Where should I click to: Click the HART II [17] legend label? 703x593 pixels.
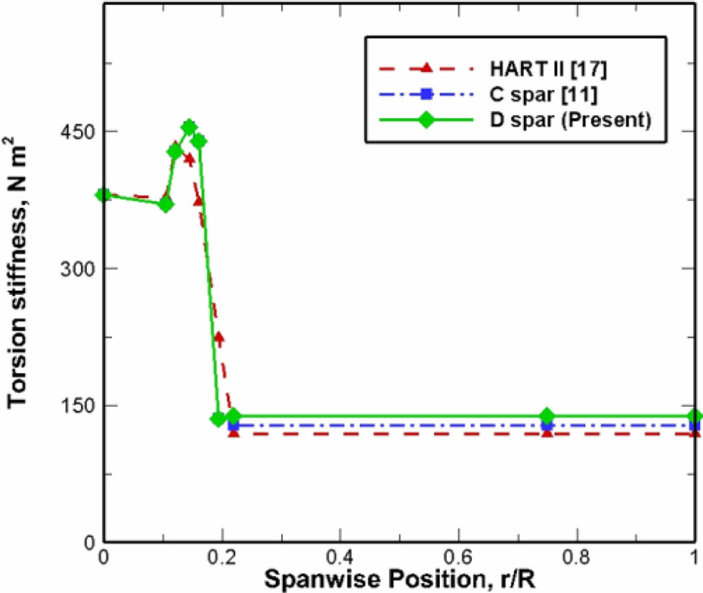click(x=548, y=69)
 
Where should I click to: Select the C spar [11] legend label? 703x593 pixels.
click(x=543, y=94)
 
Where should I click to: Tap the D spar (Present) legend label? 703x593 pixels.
click(x=570, y=120)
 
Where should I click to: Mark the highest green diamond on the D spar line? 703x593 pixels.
click(x=189, y=127)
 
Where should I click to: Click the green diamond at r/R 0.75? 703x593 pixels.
click(x=547, y=416)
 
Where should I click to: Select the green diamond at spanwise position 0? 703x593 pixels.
click(x=104, y=195)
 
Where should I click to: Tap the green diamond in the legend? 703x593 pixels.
click(x=426, y=120)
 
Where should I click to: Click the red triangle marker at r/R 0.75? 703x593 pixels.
click(x=547, y=433)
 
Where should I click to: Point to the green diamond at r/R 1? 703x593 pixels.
click(x=695, y=416)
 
